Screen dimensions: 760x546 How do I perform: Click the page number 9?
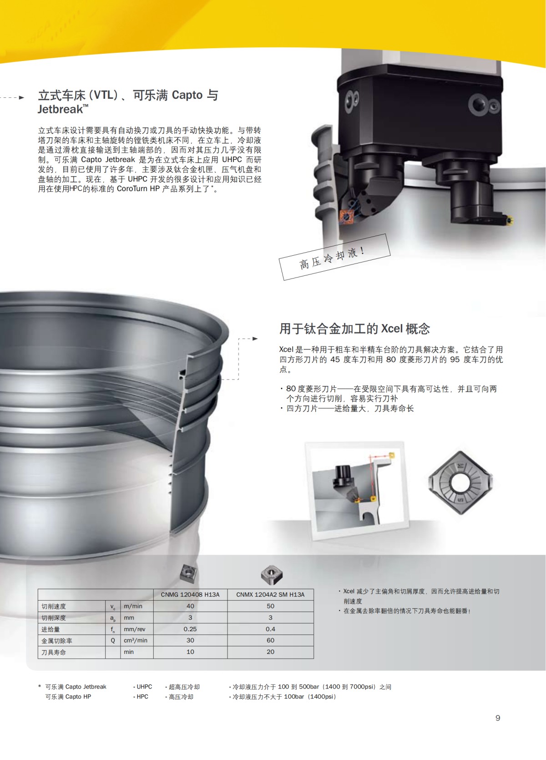click(498, 718)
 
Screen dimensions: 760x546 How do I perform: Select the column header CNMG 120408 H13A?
click(190, 594)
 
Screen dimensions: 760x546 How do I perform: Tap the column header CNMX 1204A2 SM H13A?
click(270, 594)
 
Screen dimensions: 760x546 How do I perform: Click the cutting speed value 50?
click(270, 606)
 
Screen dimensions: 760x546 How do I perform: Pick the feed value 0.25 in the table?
click(190, 629)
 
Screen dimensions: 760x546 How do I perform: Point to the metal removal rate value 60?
click(270, 640)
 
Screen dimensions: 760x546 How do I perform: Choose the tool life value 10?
click(190, 652)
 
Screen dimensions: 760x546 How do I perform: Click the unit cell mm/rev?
click(135, 629)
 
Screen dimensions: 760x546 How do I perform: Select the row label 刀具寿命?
click(54, 652)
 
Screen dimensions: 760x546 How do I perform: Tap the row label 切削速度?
click(54, 607)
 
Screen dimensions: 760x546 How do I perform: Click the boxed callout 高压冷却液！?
click(334, 257)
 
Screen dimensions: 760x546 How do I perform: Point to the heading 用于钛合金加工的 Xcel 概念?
click(354, 329)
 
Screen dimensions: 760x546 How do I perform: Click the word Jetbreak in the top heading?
click(61, 109)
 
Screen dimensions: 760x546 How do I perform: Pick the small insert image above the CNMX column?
click(271, 574)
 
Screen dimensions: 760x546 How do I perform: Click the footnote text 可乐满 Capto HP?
click(68, 697)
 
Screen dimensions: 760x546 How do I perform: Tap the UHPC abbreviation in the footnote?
click(144, 687)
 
